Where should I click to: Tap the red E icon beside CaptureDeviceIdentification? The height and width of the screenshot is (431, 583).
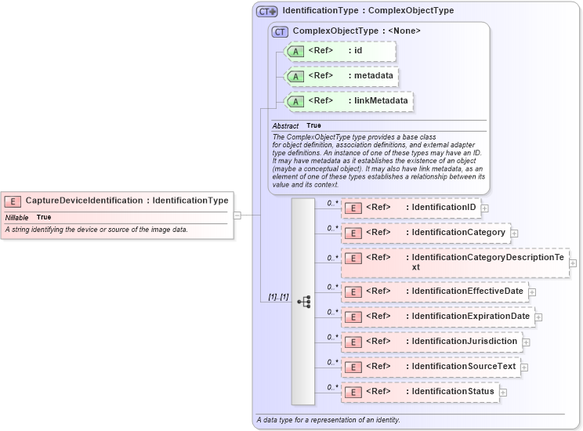[13, 201]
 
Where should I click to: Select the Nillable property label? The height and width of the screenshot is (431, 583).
[17, 217]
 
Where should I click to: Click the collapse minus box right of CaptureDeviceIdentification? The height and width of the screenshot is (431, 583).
[237, 215]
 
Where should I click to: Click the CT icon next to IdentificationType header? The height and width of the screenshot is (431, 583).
[267, 12]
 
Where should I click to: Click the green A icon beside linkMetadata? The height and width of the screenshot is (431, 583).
[295, 101]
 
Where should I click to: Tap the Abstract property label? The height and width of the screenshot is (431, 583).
[285, 126]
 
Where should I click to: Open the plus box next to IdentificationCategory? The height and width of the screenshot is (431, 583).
[514, 233]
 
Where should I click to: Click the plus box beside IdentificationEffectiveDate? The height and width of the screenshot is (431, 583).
[532, 292]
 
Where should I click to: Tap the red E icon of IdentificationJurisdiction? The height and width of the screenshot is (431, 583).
[353, 342]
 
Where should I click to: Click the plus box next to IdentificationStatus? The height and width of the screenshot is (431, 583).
[502, 392]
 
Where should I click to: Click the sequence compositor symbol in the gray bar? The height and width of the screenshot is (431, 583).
[304, 301]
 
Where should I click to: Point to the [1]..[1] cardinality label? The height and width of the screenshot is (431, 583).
[278, 297]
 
